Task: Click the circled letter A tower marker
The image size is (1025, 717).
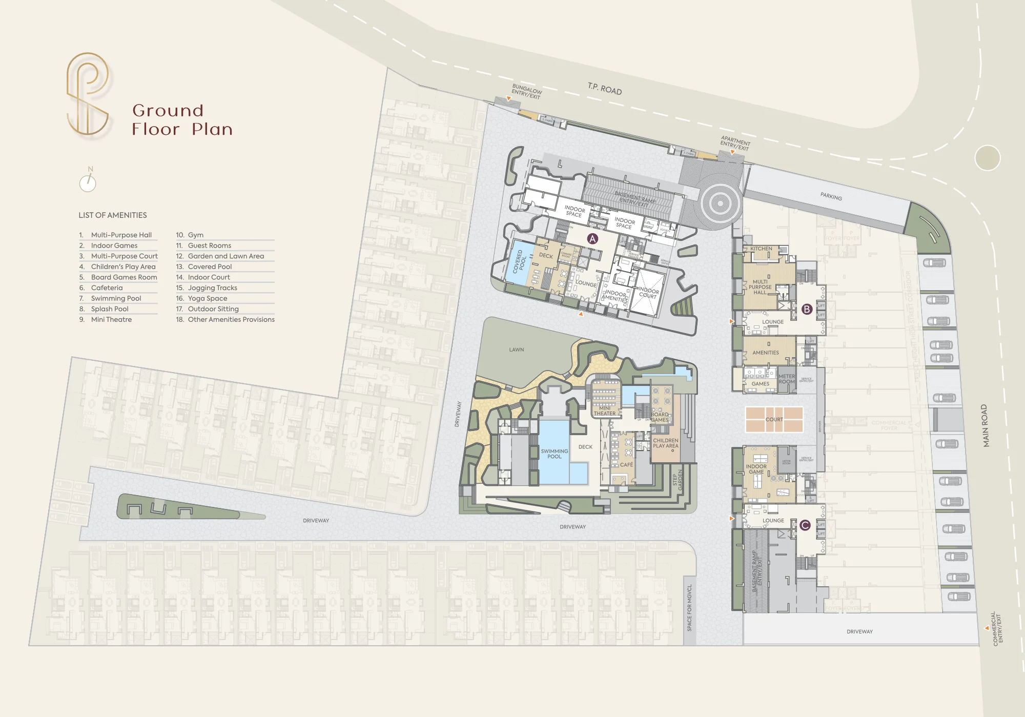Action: (x=592, y=239)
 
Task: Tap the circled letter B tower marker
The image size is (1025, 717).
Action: (x=807, y=309)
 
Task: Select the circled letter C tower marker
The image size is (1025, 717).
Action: (x=805, y=525)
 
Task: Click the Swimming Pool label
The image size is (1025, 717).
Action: (x=555, y=454)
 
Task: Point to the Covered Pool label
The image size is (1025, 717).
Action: (x=520, y=261)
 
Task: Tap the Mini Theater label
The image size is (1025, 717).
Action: (x=605, y=411)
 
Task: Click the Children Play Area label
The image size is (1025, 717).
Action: (x=665, y=443)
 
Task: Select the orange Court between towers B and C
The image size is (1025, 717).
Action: (x=774, y=419)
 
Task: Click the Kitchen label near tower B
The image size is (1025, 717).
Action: (x=761, y=249)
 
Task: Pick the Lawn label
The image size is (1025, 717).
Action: (x=517, y=350)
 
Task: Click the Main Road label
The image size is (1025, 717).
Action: (x=985, y=425)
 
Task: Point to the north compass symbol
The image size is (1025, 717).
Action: (x=88, y=181)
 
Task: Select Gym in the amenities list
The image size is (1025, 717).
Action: (x=195, y=235)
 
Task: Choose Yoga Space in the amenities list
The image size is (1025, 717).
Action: (x=207, y=298)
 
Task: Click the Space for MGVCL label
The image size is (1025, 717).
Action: (x=689, y=607)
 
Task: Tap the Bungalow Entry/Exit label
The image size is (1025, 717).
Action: (x=526, y=91)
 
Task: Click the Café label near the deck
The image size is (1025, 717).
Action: (x=626, y=465)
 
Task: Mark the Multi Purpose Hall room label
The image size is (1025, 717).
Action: (x=760, y=287)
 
